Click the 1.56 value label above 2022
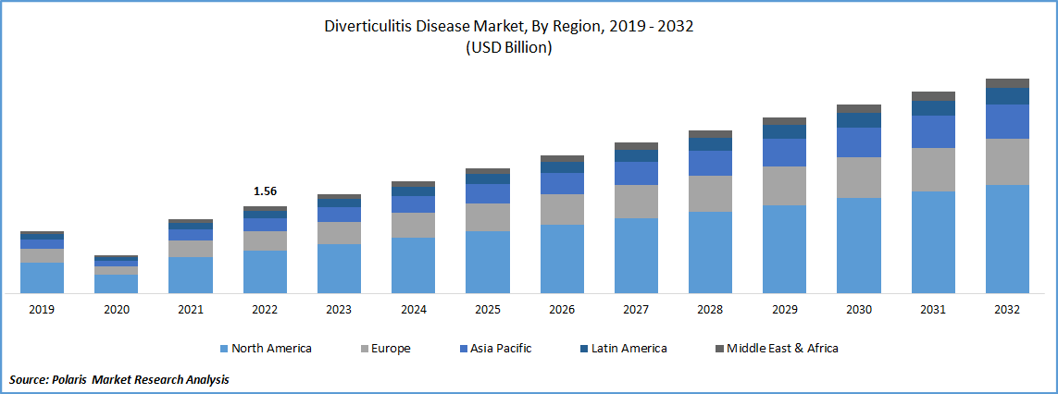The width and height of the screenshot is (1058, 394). (x=265, y=191)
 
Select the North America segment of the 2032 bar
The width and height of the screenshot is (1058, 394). (x=1007, y=239)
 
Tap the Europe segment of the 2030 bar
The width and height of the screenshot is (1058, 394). (x=859, y=177)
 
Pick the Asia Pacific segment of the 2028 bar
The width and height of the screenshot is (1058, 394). (x=710, y=163)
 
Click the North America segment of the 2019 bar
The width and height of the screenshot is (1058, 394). (x=42, y=277)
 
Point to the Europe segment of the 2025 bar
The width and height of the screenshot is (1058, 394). (x=487, y=217)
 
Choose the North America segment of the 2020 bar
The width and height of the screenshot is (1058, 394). (x=116, y=284)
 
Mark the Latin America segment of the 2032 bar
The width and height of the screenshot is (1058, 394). (x=1007, y=96)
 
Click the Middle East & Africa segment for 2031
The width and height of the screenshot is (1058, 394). (x=933, y=96)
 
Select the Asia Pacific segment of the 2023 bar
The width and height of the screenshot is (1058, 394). (x=339, y=215)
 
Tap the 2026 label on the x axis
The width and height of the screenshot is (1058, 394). (x=562, y=310)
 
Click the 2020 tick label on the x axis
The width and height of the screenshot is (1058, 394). (x=116, y=310)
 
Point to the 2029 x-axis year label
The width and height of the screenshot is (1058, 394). (x=784, y=310)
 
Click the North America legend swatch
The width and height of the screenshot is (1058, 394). (x=224, y=349)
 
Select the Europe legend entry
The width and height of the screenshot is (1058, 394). (x=390, y=349)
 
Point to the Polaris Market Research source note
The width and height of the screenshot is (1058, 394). (x=119, y=379)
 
